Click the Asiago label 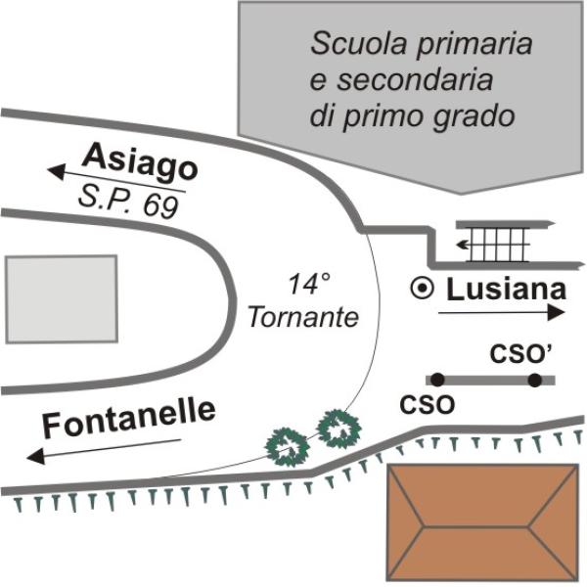click(x=140, y=160)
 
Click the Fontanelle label click(x=128, y=419)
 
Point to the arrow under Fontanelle click(x=103, y=448)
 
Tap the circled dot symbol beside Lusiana click(x=422, y=289)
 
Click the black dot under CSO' click(x=534, y=379)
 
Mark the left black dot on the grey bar click(x=437, y=379)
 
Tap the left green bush click(x=290, y=446)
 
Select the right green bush click(x=339, y=428)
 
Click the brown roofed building click(x=481, y=524)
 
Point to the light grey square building click(x=61, y=296)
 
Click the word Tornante click(x=304, y=317)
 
